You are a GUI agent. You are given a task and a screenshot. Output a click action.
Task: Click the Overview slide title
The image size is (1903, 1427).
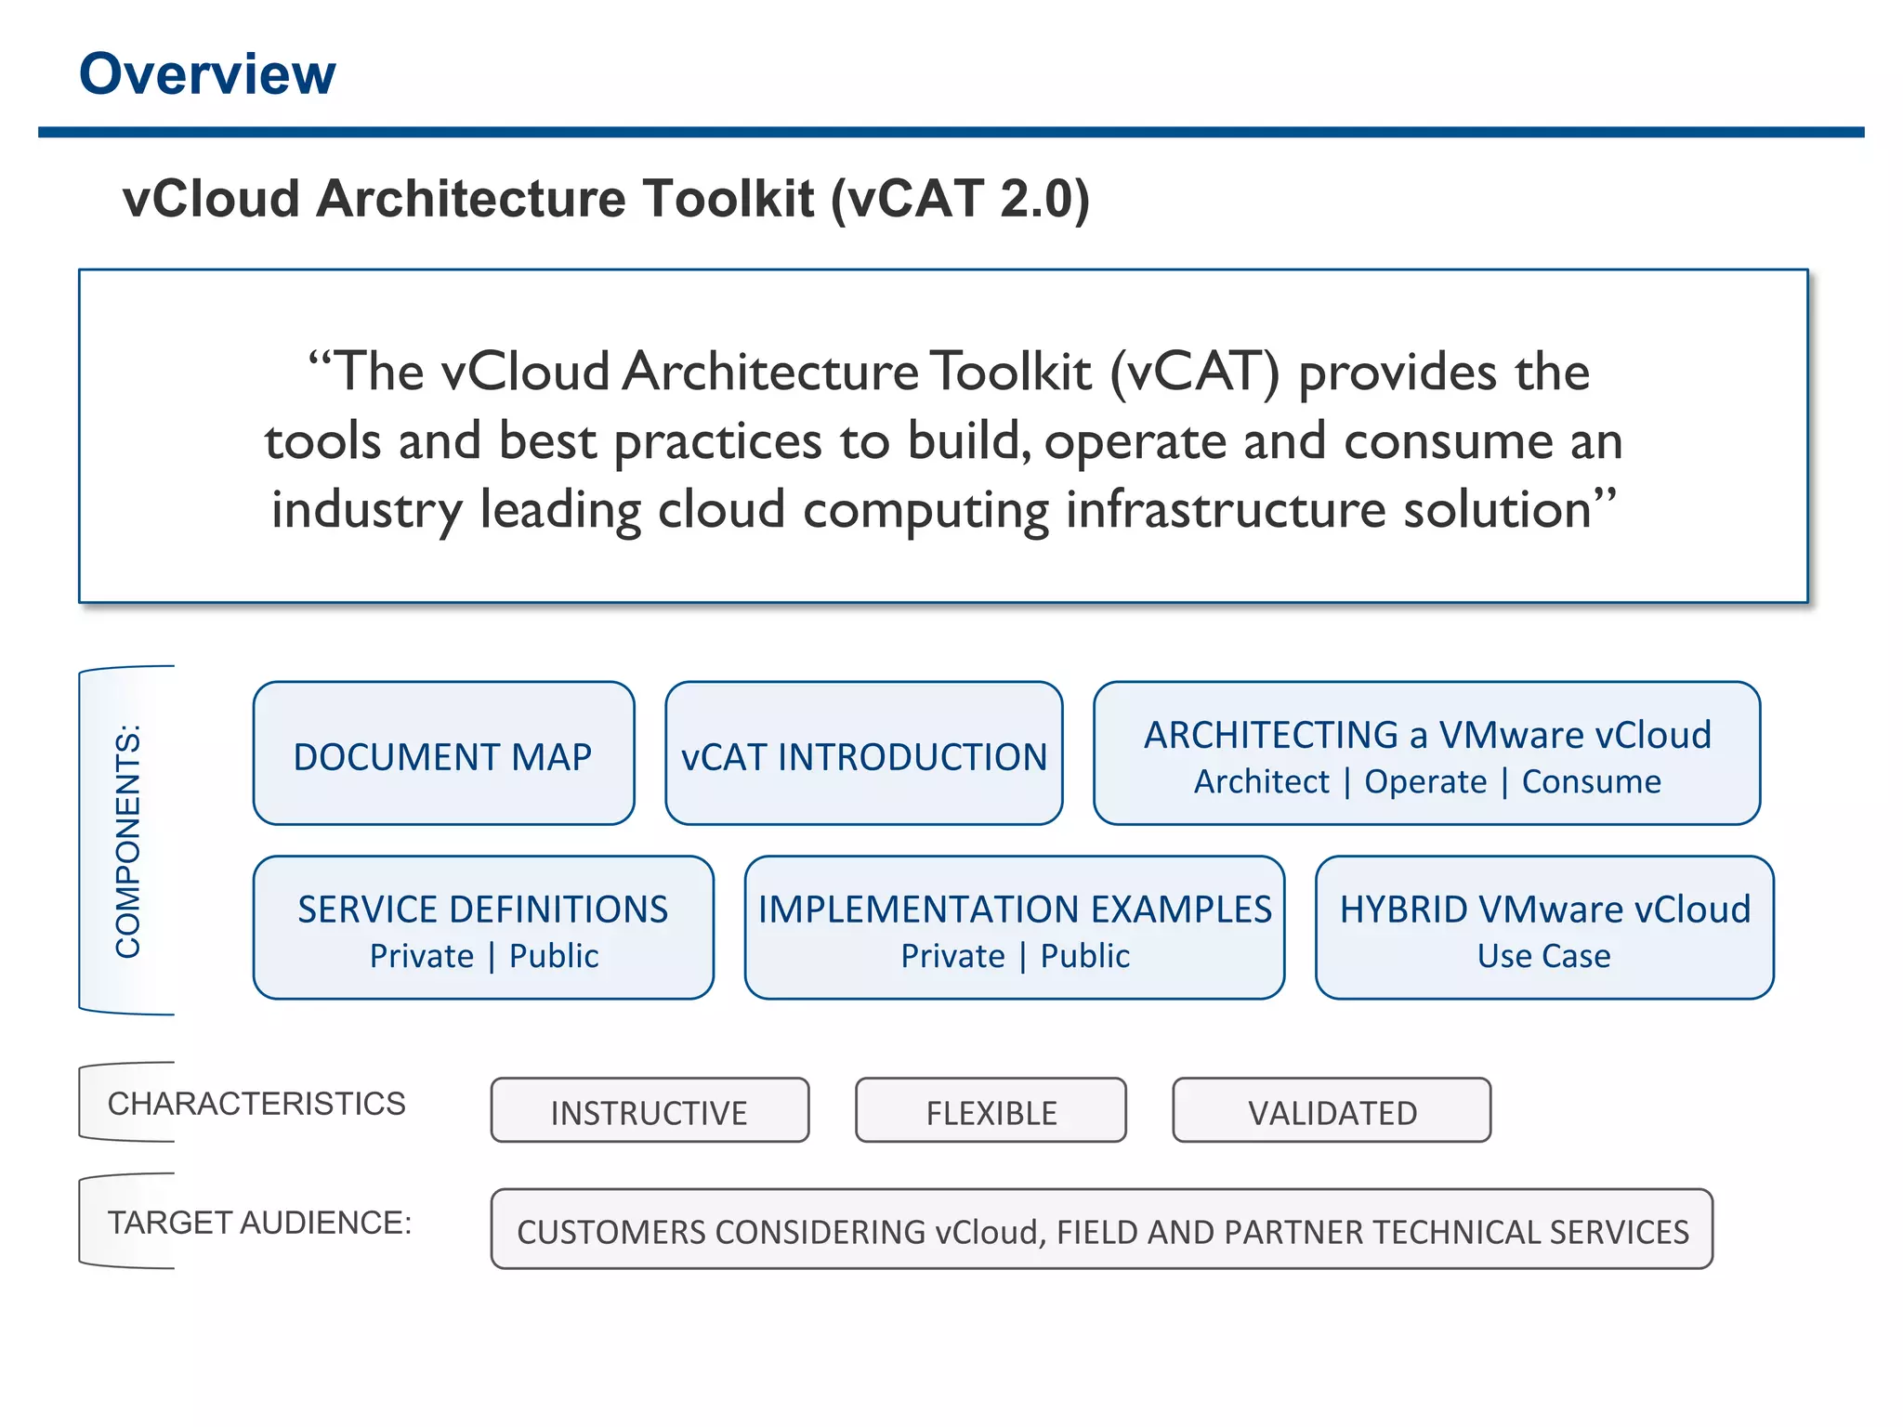click(x=207, y=74)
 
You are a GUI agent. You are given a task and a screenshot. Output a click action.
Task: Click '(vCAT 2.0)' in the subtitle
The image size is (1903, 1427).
click(x=960, y=199)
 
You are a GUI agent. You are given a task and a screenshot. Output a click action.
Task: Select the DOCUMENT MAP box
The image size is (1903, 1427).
click(x=443, y=754)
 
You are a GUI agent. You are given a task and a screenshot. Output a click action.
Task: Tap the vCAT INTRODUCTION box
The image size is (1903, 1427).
click(x=863, y=754)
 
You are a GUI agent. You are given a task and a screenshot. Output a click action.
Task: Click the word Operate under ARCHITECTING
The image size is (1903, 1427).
click(x=1425, y=782)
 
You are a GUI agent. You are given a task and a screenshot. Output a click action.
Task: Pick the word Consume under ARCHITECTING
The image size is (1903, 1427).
click(x=1591, y=782)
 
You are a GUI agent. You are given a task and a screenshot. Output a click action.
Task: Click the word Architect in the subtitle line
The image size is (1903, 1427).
click(x=1261, y=782)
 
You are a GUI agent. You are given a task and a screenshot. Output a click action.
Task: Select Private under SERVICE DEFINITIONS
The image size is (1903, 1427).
click(x=422, y=956)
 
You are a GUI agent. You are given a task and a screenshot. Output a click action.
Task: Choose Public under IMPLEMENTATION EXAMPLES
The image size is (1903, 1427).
click(x=1084, y=956)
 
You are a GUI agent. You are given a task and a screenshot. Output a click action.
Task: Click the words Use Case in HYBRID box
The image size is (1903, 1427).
click(x=1543, y=956)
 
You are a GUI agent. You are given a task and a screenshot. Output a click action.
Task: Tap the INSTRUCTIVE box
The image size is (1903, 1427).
click(x=650, y=1111)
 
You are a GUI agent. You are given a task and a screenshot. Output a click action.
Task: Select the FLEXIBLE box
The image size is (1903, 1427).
click(x=991, y=1111)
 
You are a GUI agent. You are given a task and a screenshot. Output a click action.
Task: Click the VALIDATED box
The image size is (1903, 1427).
click(x=1332, y=1111)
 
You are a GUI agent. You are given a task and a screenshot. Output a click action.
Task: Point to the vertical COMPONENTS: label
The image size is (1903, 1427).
click(x=128, y=841)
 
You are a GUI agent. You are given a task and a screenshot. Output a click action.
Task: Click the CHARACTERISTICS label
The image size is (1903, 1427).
click(x=256, y=1104)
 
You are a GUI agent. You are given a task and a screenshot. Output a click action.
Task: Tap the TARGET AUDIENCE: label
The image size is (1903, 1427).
click(x=259, y=1223)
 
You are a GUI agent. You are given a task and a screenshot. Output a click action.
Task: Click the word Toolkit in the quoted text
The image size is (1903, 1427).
click(x=1011, y=372)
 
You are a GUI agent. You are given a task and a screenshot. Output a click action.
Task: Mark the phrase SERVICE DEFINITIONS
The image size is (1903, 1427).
click(x=482, y=910)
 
